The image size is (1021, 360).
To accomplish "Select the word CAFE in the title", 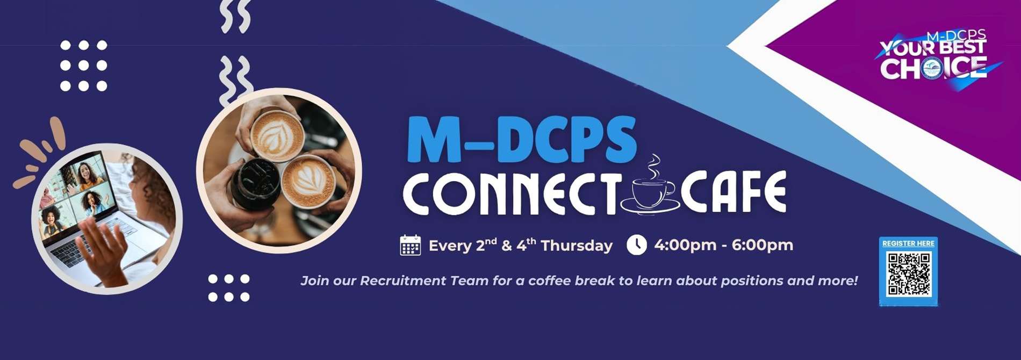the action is [734, 193].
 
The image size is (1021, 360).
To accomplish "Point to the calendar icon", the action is [411, 245].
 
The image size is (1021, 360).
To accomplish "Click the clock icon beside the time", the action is [637, 244].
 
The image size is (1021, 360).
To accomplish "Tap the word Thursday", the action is [576, 246].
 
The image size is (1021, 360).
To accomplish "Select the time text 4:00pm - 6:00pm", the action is [723, 245].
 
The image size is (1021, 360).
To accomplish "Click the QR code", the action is [909, 274].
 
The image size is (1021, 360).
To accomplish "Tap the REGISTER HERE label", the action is [908, 243].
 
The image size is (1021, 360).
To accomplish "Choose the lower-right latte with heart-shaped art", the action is [309, 181].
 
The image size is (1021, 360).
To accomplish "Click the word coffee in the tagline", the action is [548, 280].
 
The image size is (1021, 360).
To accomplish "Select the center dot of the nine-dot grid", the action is [83, 66].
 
